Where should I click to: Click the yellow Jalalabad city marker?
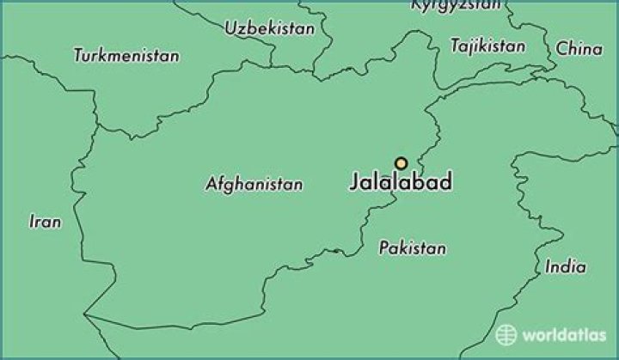tap(401, 163)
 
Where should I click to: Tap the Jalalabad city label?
tap(401, 183)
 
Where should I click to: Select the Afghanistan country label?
tap(254, 184)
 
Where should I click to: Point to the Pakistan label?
tap(413, 248)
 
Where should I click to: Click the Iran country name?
tap(46, 222)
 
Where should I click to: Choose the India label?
tap(566, 267)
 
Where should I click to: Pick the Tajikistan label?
tap(487, 45)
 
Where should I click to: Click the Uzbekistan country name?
tap(270, 28)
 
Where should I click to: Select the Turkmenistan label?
tap(127, 56)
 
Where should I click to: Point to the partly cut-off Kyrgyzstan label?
tap(456, 5)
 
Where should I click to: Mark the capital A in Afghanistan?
tap(211, 184)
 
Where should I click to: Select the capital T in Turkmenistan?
tap(79, 56)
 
